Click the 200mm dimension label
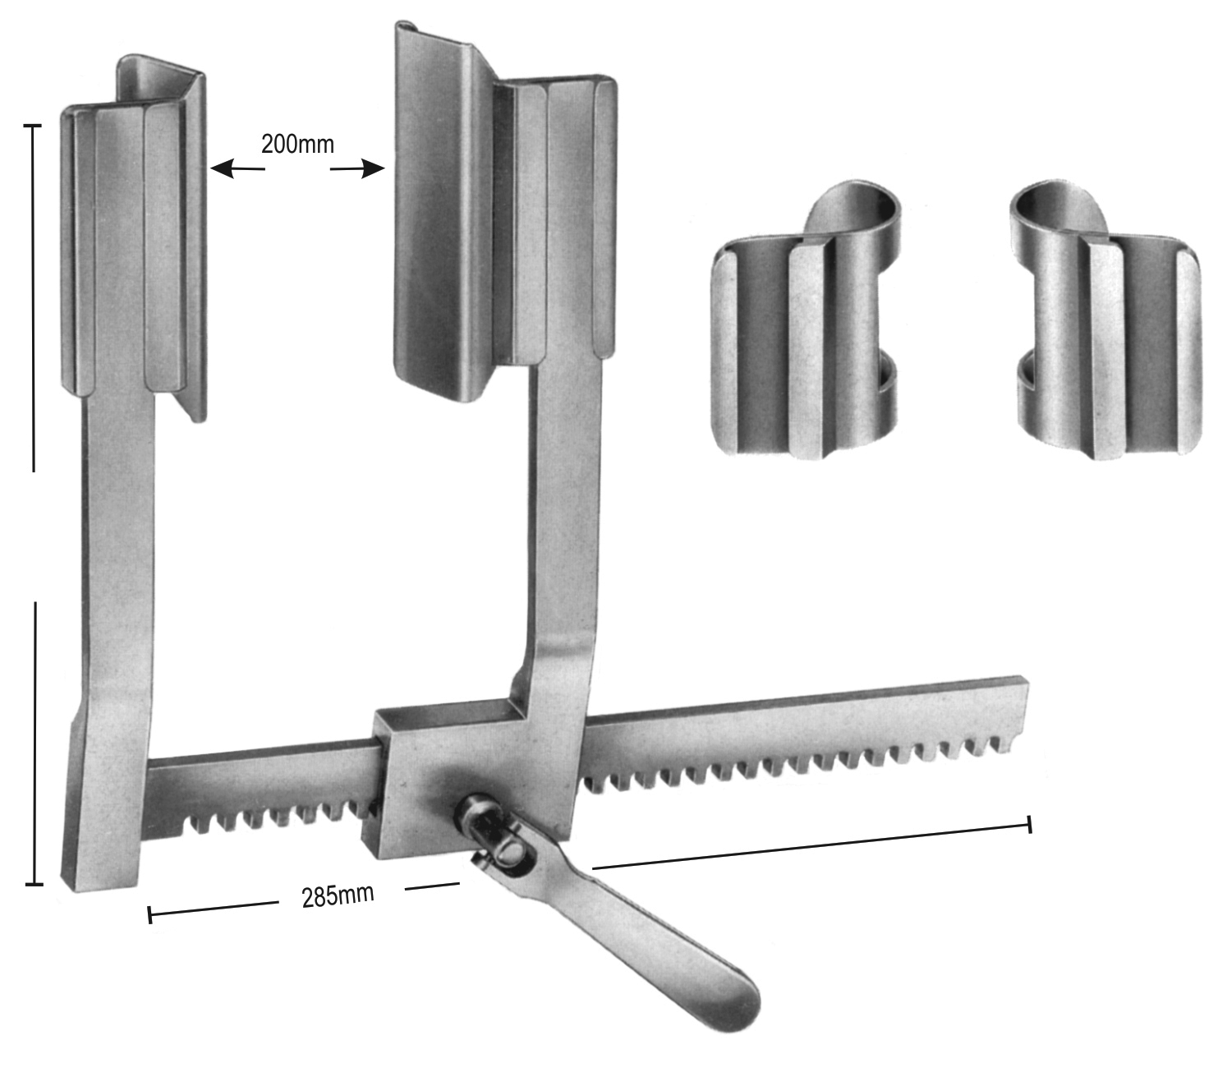[x=297, y=144]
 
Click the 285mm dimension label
[x=338, y=895]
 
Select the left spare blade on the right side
[x=806, y=320]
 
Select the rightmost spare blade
[x=1105, y=320]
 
